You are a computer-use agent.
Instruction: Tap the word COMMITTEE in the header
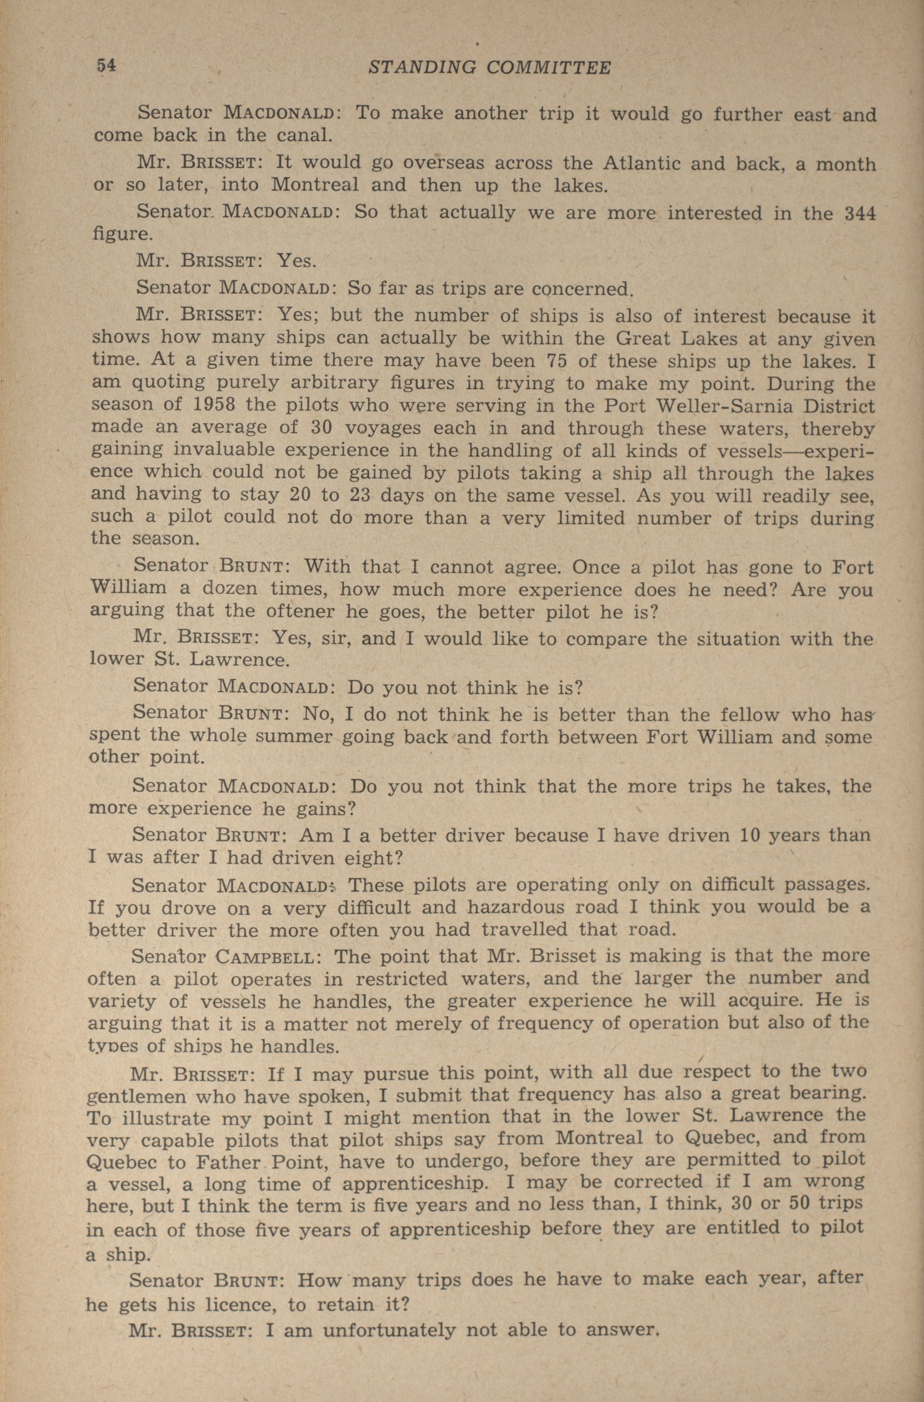point(549,68)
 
